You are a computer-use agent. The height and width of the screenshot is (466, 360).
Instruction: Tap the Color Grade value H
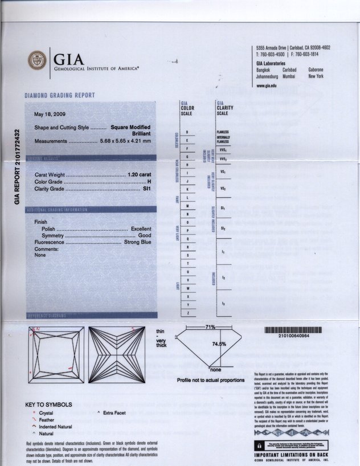point(149,181)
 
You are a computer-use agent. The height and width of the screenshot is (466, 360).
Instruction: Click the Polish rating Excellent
point(141,228)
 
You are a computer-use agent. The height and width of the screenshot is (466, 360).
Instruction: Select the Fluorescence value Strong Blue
point(137,242)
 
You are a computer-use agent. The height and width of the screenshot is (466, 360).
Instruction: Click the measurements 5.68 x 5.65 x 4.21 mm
point(125,141)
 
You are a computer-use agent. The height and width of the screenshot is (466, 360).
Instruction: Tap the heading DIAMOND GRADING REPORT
point(59,96)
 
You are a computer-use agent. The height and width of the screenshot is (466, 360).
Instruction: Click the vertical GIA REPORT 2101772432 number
point(17,166)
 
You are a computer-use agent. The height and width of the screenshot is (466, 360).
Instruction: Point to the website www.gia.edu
point(267,85)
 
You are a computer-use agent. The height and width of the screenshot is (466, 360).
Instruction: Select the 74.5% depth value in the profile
point(219,344)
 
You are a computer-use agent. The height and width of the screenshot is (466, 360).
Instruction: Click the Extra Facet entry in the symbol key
point(114,412)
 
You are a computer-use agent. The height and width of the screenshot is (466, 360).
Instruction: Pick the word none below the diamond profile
point(216,369)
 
